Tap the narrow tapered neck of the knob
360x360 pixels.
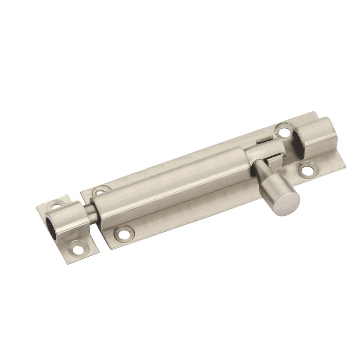pyautogui.click(x=260, y=169)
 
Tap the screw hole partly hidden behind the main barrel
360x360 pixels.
pyautogui.click(x=100, y=189)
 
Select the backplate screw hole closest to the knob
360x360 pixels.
pyautogui.click(x=307, y=170)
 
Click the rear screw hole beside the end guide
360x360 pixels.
pyautogui.click(x=283, y=131)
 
